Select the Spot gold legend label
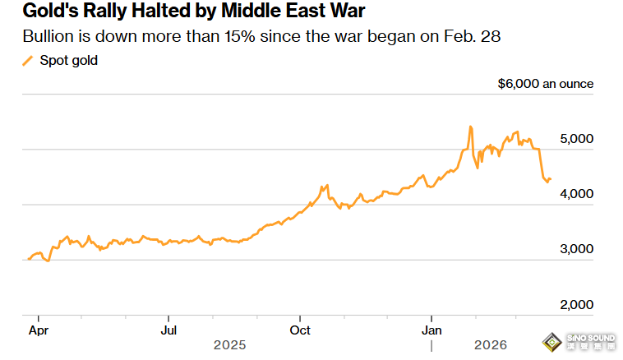(x=68, y=61)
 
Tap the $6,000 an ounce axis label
(x=546, y=84)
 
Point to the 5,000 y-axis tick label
(x=576, y=139)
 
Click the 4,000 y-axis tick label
(x=576, y=194)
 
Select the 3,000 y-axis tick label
(x=576, y=249)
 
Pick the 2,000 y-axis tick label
(x=576, y=304)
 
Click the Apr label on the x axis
(x=38, y=330)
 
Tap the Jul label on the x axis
(x=168, y=330)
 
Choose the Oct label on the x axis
(x=301, y=330)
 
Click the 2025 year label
(x=229, y=345)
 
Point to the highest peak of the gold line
(x=470, y=127)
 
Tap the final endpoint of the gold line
(x=550, y=179)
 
